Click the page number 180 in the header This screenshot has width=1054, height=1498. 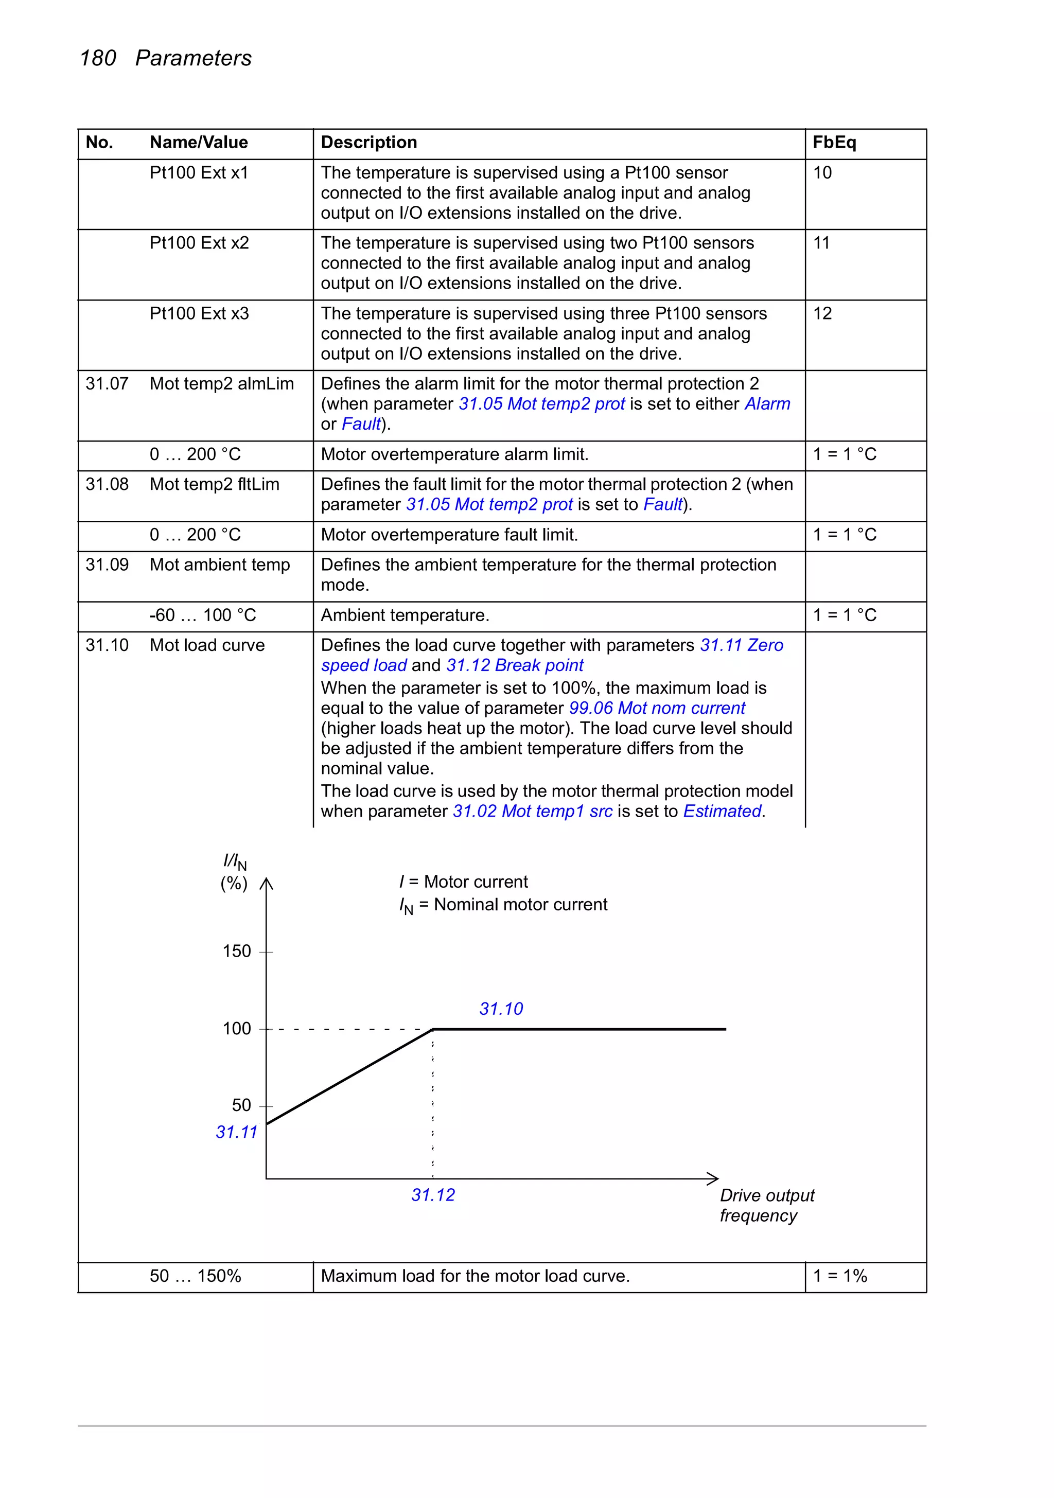pos(98,58)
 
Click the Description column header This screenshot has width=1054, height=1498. pos(368,142)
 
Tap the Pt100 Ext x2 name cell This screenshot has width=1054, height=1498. pos(199,243)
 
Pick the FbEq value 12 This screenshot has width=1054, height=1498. pos(822,314)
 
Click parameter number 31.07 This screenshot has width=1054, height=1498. pos(107,384)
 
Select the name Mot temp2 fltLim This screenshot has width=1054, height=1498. pos(214,484)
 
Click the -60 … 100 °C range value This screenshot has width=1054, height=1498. pos(202,615)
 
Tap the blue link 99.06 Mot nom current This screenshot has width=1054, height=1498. pos(657,708)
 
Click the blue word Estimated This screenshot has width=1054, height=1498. pos(722,811)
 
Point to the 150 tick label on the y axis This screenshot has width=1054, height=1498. pos(236,951)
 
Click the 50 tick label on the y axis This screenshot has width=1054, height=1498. pos(241,1105)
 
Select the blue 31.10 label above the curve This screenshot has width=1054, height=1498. pos(501,1009)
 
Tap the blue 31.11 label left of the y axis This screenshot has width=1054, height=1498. pos(236,1132)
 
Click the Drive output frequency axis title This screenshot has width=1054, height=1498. pos(766,1205)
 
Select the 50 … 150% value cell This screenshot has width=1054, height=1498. pos(195,1276)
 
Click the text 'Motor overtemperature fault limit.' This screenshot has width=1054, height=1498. pos(449,535)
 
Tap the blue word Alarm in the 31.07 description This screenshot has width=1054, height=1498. pos(767,404)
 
